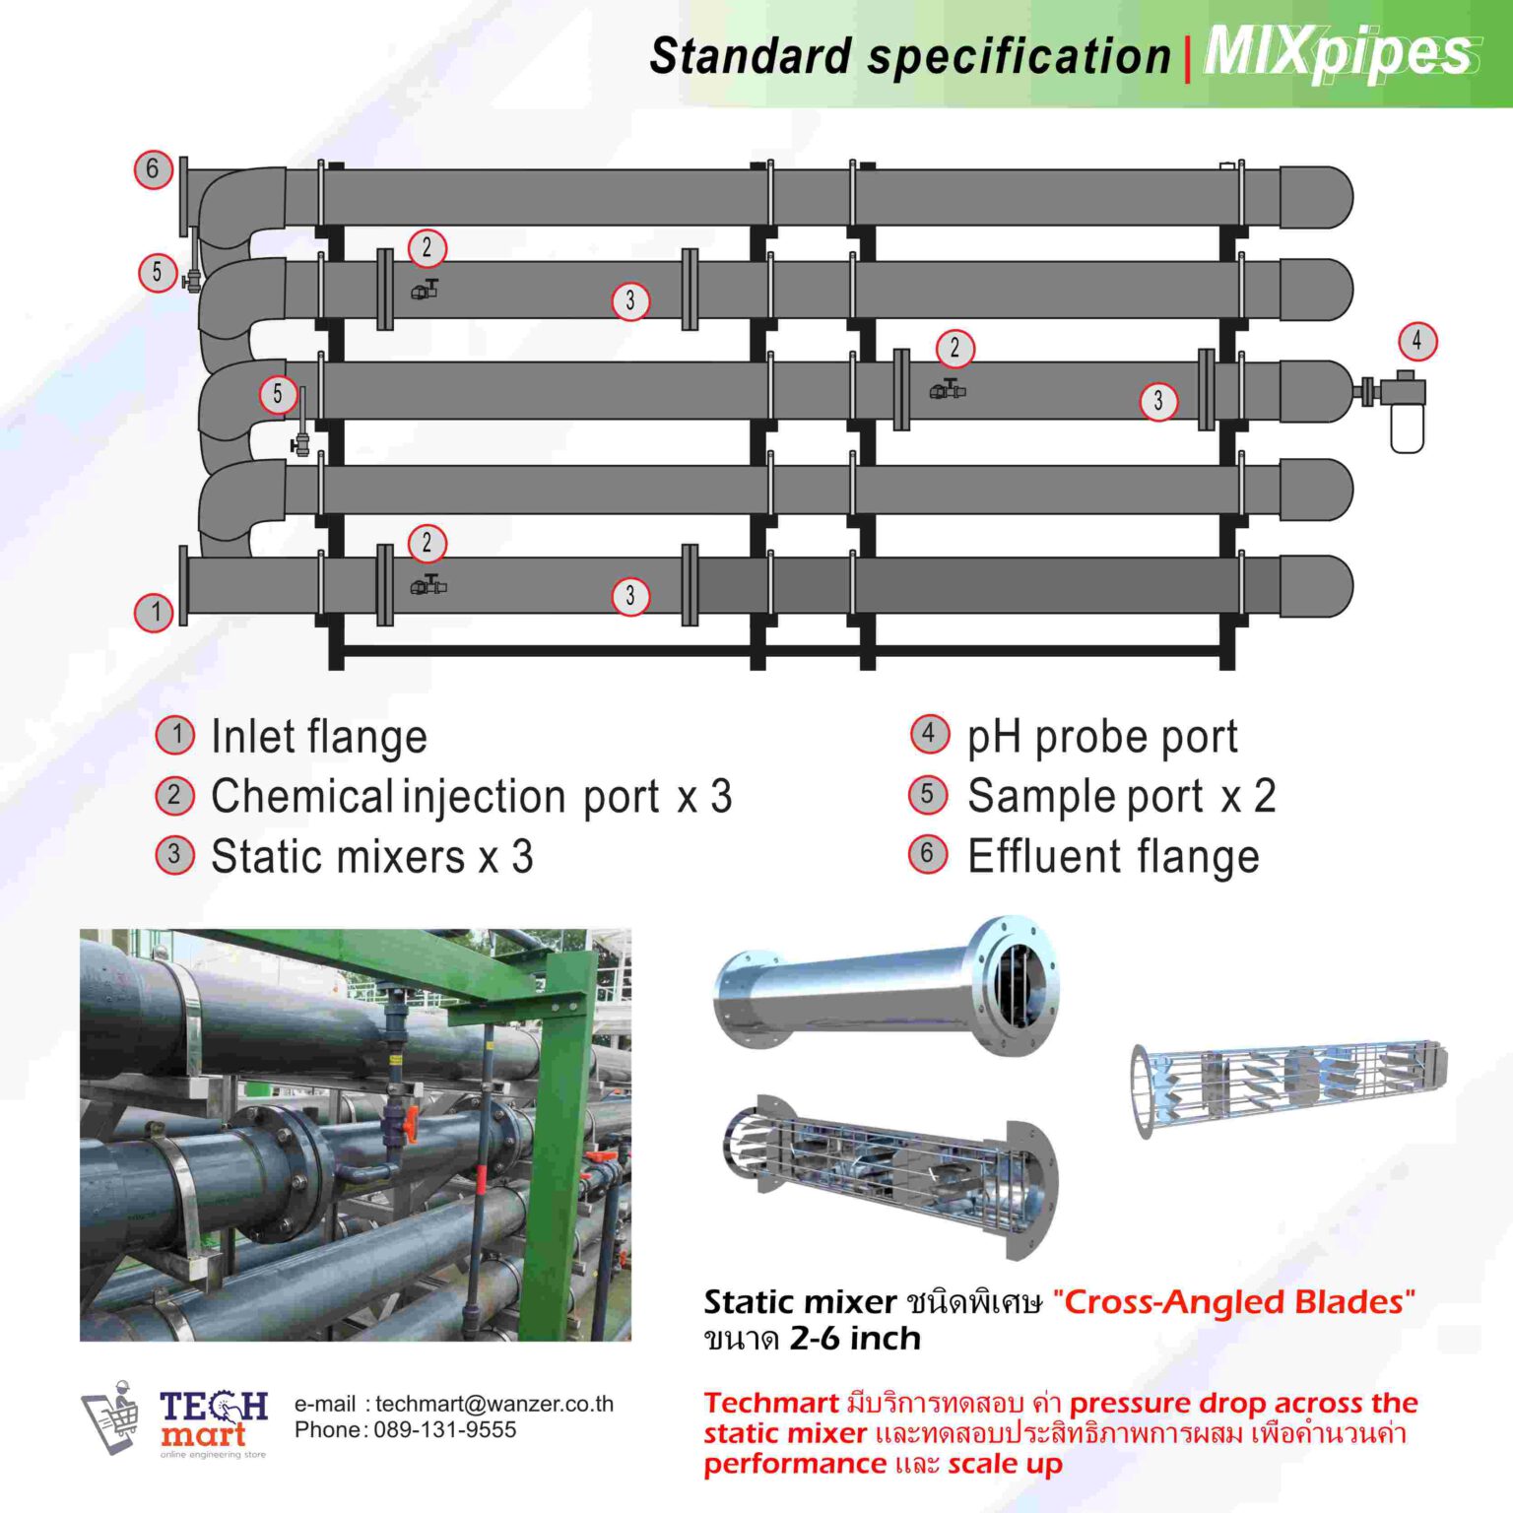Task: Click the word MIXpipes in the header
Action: (x=1340, y=53)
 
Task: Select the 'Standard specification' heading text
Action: (x=909, y=56)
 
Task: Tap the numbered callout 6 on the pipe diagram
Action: (x=153, y=169)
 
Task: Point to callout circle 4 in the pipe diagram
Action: (x=1417, y=342)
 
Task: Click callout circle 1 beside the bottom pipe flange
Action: (x=154, y=612)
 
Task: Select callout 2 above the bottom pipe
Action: (x=427, y=543)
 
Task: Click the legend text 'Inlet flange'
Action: (x=319, y=737)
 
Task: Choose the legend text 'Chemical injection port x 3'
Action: (x=471, y=797)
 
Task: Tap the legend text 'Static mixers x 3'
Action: (x=371, y=857)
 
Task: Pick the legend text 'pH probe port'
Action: (x=1101, y=737)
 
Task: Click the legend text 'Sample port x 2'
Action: (x=1121, y=797)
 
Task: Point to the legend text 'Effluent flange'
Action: (x=1113, y=857)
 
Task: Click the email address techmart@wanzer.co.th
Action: (x=493, y=1404)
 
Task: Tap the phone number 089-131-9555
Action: (x=444, y=1430)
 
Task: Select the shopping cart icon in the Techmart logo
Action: (x=109, y=1417)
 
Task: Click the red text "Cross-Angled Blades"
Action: (x=1233, y=1302)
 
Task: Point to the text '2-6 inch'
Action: (x=855, y=1339)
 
